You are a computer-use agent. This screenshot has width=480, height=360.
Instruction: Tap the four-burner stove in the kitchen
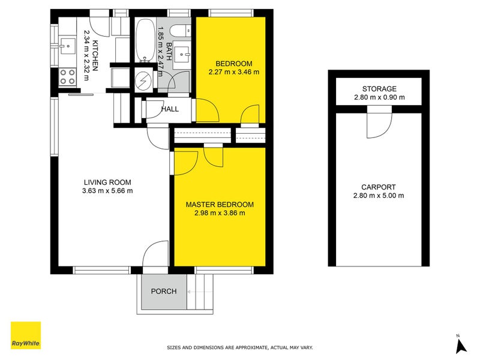tap(68, 76)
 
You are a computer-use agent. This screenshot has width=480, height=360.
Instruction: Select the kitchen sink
tap(67, 43)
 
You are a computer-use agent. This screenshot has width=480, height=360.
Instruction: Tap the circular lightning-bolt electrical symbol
tap(144, 80)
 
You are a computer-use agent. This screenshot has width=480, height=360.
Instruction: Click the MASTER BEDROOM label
tap(219, 205)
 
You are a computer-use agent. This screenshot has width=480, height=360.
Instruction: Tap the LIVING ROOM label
tap(107, 182)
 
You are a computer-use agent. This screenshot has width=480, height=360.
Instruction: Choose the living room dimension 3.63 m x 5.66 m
tap(107, 191)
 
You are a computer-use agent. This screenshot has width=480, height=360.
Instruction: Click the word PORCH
tap(163, 292)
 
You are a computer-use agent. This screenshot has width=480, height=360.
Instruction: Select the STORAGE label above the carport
tap(379, 89)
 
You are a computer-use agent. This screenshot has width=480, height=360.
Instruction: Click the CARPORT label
tap(379, 187)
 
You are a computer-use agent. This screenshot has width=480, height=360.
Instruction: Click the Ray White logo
tap(26, 335)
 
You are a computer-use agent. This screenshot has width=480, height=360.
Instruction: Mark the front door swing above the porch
tap(156, 253)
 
